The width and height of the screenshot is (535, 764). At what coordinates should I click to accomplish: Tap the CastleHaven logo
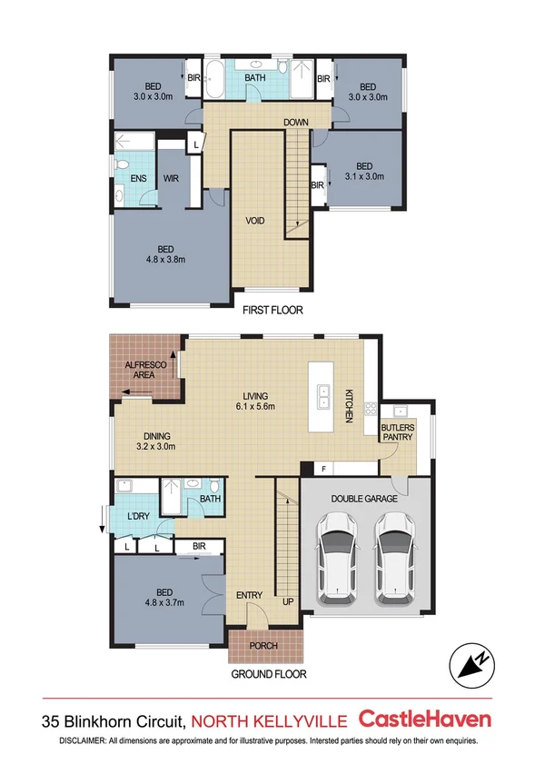426,719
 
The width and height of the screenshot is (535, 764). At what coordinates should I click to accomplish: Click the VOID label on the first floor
255,221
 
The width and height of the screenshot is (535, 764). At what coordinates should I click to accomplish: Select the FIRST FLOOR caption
272,311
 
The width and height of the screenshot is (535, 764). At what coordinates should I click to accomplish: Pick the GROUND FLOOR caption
268,675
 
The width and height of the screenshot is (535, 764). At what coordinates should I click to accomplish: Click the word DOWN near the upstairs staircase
295,122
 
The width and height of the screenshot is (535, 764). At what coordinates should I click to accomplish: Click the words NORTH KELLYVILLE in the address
270,721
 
